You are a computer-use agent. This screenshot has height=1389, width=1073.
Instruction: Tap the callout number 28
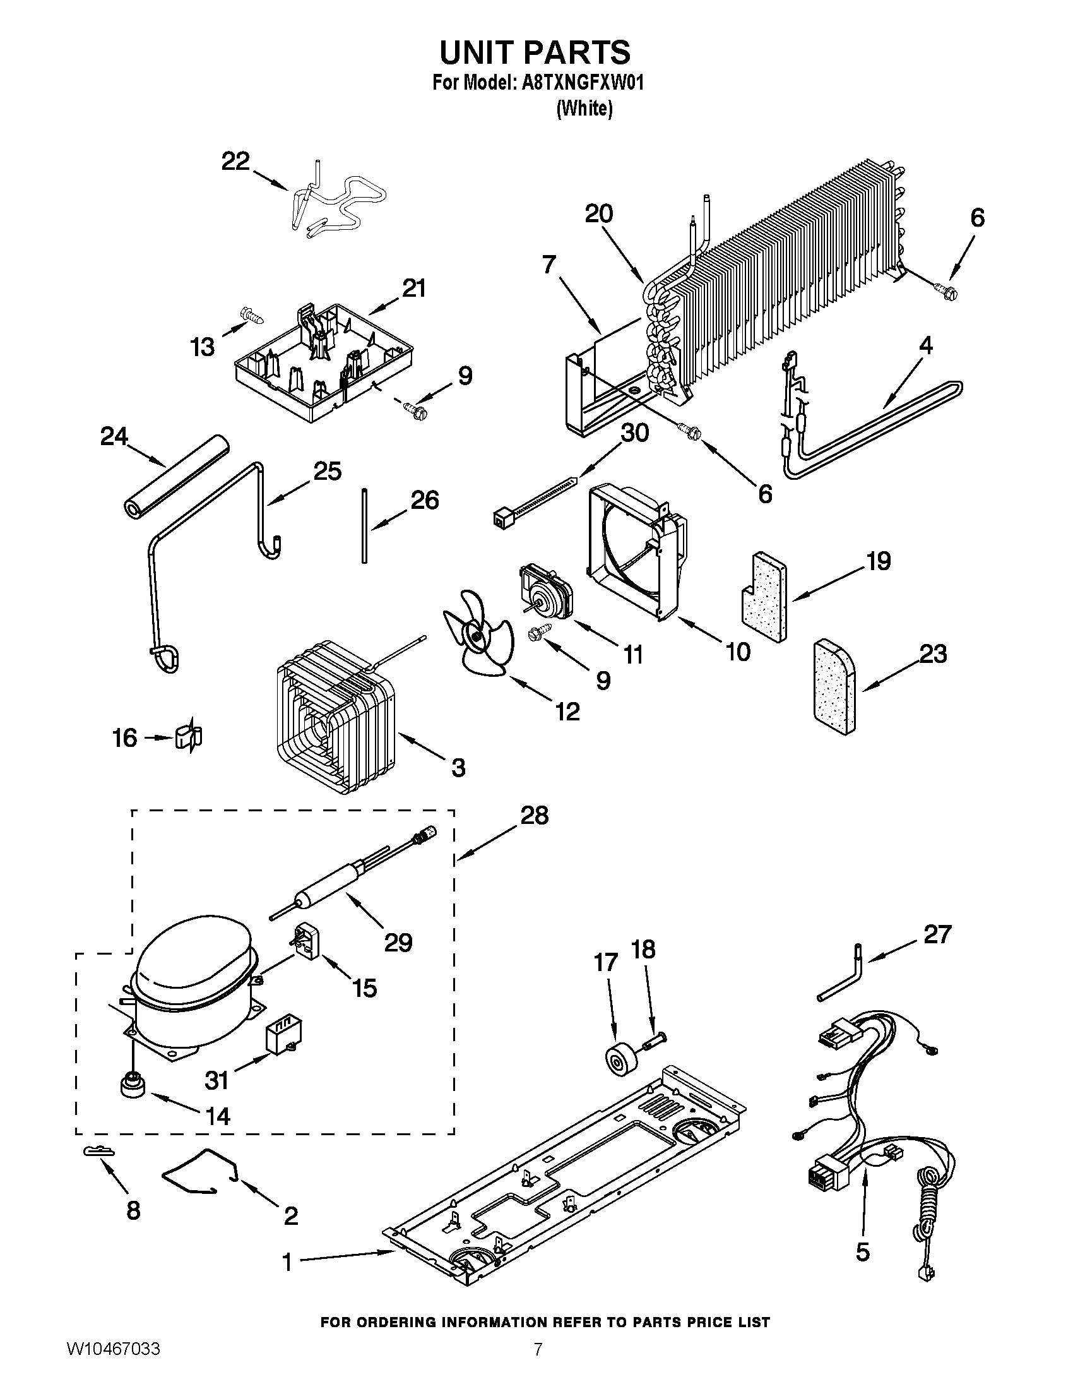tap(533, 815)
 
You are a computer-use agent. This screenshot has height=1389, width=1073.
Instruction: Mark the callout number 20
tap(598, 213)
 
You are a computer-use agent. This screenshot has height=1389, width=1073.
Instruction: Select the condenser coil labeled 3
tap(331, 715)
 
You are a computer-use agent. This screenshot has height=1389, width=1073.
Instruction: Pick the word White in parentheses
tap(584, 109)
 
